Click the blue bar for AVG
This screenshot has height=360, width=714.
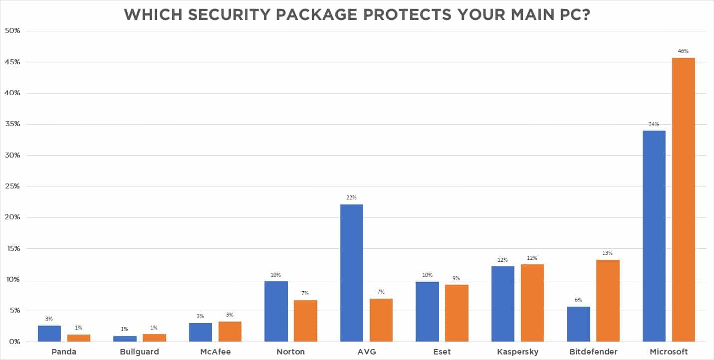(351, 273)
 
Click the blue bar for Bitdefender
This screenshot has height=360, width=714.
(578, 324)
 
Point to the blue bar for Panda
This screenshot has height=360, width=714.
(49, 334)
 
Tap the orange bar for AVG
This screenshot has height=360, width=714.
(381, 320)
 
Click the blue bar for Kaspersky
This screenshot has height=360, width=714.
(502, 304)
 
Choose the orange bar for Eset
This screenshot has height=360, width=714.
(457, 313)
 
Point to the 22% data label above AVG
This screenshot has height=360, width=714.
(351, 197)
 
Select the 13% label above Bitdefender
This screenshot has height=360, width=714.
(608, 253)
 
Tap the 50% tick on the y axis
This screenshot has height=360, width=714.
(12, 31)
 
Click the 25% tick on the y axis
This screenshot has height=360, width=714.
(12, 186)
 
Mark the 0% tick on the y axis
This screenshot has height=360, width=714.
(14, 342)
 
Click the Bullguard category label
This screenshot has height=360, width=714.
(140, 352)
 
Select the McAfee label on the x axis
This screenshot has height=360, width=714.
(215, 352)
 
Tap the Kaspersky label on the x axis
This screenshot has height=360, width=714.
(517, 352)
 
